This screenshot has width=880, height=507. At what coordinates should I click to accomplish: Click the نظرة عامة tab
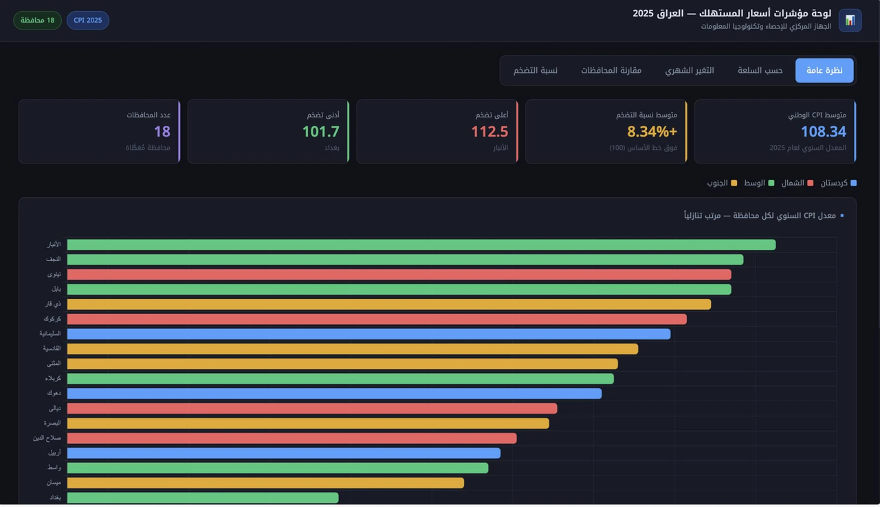point(824,71)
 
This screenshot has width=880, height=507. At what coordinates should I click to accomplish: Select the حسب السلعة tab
point(760,71)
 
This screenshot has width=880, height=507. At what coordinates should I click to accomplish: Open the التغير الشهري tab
point(690,71)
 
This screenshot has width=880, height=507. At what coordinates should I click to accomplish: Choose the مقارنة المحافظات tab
point(611,71)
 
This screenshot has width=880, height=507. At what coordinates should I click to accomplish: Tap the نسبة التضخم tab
point(536,71)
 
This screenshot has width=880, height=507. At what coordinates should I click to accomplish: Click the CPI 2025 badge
point(88,21)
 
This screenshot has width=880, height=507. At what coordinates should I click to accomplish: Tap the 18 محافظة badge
point(37,21)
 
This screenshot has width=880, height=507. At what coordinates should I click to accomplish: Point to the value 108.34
point(823,131)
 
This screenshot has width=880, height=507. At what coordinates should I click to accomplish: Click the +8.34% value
point(652,131)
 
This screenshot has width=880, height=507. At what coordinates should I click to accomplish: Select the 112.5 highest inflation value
point(489,131)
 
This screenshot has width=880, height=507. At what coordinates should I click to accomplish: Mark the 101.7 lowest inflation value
point(321,131)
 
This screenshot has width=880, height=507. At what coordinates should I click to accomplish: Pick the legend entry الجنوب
point(722,183)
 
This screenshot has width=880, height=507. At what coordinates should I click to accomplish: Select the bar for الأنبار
point(421,245)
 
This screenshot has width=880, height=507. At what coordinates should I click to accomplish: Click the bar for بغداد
point(203,497)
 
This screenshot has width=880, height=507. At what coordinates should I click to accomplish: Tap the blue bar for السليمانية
point(368,334)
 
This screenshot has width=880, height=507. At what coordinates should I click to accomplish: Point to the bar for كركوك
point(377,319)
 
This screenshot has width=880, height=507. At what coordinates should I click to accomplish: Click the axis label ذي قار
point(54,304)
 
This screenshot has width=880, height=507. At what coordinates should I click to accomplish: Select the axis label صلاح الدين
point(47,438)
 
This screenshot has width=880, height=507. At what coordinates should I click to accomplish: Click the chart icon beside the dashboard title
point(850,21)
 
